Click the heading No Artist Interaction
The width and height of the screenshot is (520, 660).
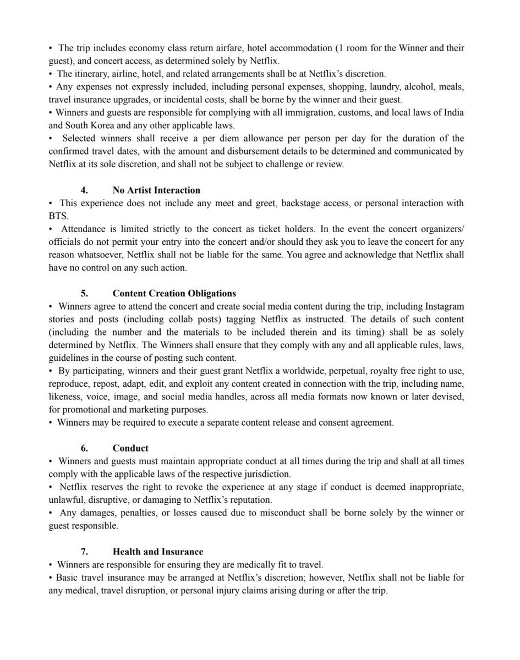tap(156, 190)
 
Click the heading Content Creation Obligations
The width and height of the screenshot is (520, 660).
tap(174, 293)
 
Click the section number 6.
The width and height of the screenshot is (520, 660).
tap(84, 448)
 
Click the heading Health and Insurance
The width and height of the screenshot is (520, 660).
tap(158, 551)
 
